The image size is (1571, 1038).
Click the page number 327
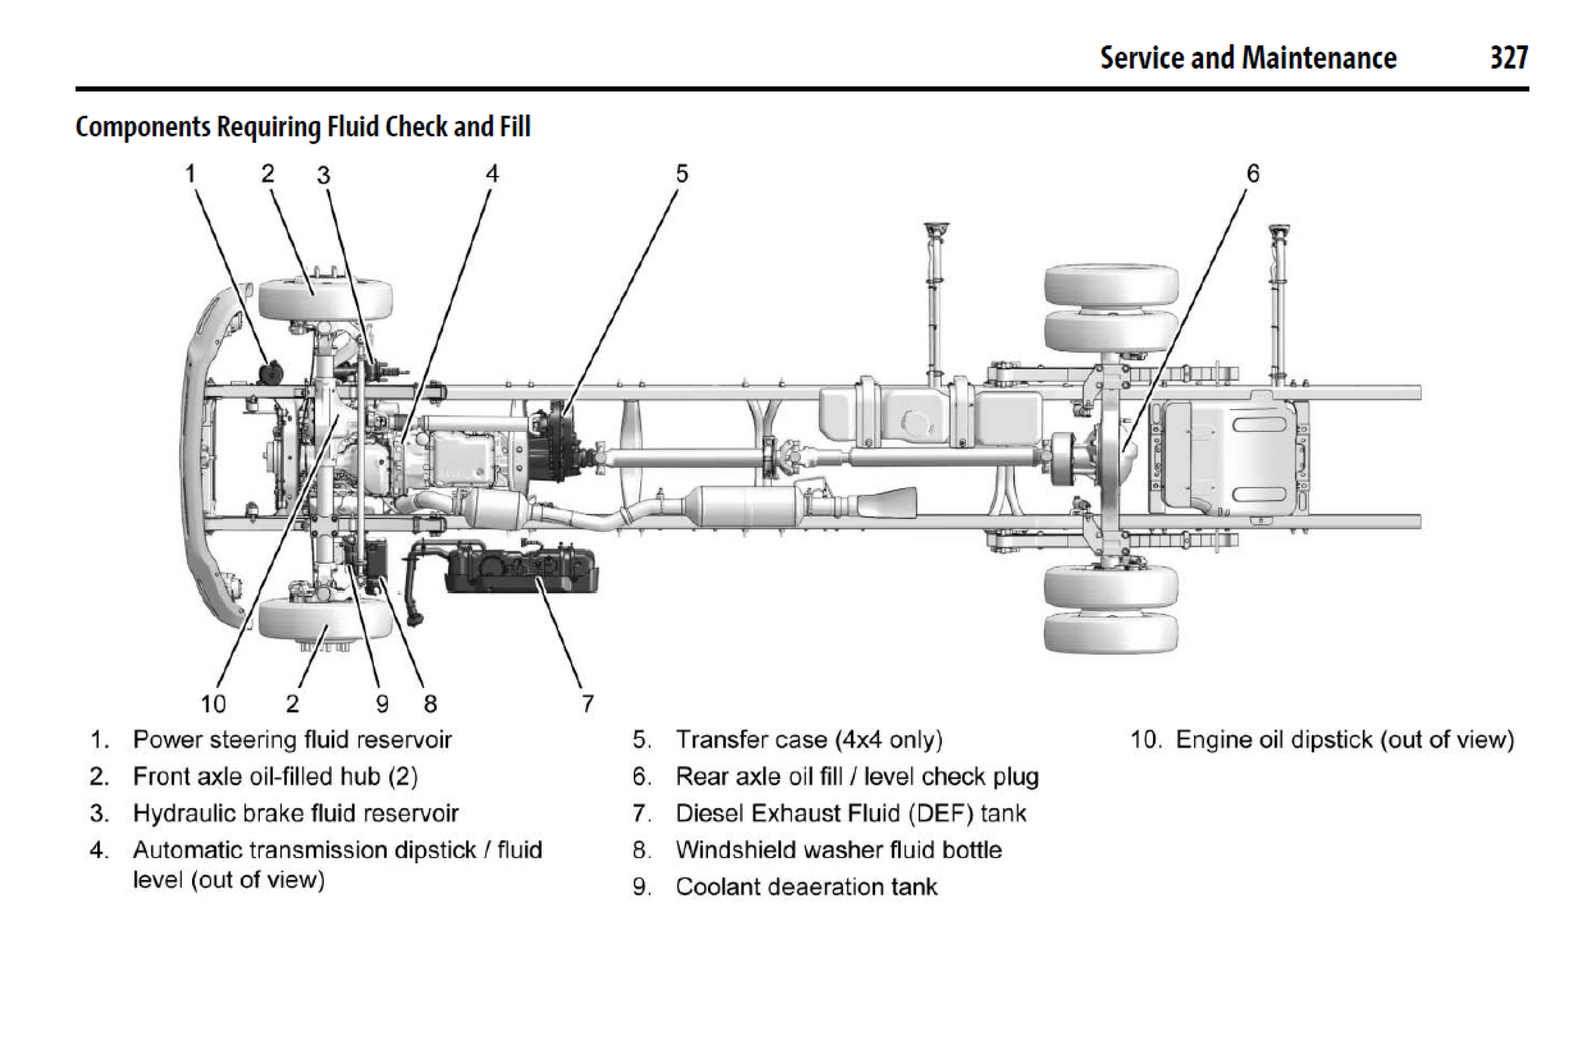[1508, 58]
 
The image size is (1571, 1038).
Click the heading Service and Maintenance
[1247, 58]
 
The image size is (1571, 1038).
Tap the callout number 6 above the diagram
[1253, 174]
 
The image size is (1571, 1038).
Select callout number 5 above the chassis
[682, 174]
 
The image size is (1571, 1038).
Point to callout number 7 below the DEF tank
[588, 704]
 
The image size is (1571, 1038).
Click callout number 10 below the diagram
[213, 704]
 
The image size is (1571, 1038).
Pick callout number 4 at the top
[492, 174]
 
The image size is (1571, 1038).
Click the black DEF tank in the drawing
[522, 569]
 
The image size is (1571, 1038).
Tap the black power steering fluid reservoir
[270, 374]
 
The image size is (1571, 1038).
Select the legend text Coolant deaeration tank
[806, 887]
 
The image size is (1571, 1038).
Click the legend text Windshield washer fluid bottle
[838, 850]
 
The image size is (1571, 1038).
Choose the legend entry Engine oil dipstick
[1344, 740]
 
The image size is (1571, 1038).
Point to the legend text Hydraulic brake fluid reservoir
[295, 813]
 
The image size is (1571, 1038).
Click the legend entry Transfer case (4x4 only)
[808, 740]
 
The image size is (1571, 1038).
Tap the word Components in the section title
[143, 128]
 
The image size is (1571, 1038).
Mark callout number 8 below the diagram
[430, 704]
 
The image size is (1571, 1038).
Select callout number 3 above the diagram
[324, 175]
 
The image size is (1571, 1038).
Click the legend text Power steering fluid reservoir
[291, 740]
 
